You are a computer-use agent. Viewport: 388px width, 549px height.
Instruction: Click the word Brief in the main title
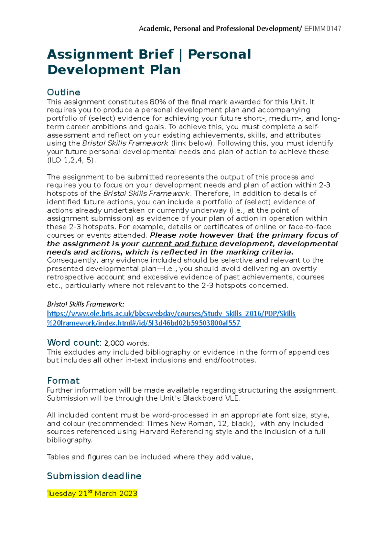pos(156,54)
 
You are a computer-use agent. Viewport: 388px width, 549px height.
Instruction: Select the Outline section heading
pos(64,92)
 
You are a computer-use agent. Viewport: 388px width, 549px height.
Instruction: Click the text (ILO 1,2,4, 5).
pos(71,160)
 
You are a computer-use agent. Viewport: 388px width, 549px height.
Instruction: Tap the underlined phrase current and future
pos(179,244)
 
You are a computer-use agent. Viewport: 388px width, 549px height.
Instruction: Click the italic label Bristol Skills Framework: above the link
pos(85,304)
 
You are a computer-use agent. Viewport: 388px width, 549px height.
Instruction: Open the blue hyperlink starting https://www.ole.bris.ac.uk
pos(171,314)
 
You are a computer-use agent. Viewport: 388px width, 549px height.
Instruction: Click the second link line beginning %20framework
pos(144,323)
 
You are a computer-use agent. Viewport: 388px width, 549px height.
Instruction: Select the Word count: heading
pos(74,343)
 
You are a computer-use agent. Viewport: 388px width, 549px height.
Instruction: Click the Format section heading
pos(63,381)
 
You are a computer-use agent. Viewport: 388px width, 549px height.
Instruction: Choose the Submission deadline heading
pos(94,476)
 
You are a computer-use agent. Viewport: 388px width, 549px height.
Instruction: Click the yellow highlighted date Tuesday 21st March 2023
pos(92,493)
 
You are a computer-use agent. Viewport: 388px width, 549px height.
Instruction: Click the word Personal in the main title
pos(219,54)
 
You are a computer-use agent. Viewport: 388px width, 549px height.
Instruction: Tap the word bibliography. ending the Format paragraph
pos(70,440)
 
